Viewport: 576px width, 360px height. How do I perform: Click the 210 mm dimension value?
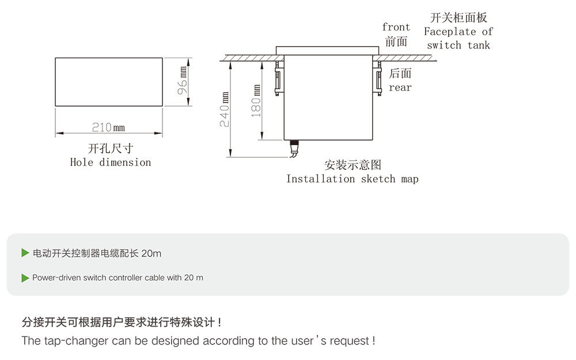[108, 127]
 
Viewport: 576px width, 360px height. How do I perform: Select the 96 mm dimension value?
[183, 81]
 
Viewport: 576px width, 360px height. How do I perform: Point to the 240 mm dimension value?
[225, 109]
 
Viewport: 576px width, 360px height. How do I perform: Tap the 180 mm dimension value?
[257, 101]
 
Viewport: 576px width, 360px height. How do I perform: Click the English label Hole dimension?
[111, 162]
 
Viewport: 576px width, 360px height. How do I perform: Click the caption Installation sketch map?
[353, 179]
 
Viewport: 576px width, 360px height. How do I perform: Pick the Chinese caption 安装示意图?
[353, 165]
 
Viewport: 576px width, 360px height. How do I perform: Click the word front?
[396, 28]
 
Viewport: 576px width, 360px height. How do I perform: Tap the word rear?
[400, 88]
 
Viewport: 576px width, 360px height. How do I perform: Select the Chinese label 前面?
[396, 41]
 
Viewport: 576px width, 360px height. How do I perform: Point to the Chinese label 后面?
[400, 74]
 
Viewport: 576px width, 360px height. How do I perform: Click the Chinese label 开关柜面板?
[458, 18]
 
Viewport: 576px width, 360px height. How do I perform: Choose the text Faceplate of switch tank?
[458, 38]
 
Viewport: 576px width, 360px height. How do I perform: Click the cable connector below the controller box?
[294, 148]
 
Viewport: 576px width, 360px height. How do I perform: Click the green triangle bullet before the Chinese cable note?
[25, 253]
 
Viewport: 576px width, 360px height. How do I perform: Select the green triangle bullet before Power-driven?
[25, 278]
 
